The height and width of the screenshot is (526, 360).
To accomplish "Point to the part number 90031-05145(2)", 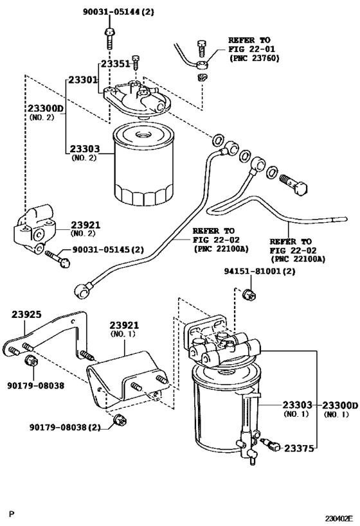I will [107, 250].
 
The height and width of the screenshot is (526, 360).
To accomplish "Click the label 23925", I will [26, 315].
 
